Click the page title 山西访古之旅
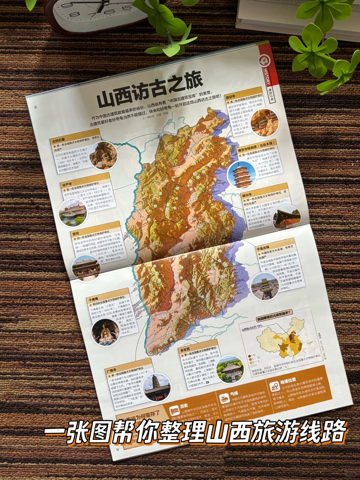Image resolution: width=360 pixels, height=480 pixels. point(150,90)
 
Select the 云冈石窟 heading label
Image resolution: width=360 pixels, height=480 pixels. point(58,140)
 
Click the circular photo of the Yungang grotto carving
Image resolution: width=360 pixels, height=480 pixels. point(103,155)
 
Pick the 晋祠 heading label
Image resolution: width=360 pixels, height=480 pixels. point(75,233)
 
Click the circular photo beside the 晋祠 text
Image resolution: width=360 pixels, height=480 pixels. point(86,267)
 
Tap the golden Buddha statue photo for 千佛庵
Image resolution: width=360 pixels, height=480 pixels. point(105,332)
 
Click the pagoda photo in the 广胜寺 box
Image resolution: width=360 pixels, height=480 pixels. point(157,386)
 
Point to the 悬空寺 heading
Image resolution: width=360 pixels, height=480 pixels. point(230,97)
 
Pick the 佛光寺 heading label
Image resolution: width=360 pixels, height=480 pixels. point(247,195)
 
